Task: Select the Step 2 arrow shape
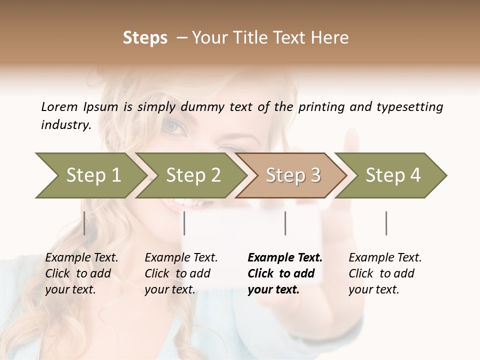point(192,175)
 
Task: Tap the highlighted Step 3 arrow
point(292,175)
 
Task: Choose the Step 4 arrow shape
point(392,175)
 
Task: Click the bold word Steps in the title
point(145,38)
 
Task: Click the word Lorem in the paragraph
point(59,106)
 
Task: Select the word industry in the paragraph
point(65,125)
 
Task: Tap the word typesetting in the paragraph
point(409,107)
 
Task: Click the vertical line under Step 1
point(84,223)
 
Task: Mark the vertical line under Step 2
point(184,223)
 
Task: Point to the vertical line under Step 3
point(285,223)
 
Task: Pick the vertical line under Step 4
point(386,223)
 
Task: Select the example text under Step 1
point(81,273)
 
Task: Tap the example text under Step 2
point(181,273)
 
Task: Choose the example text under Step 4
point(385,273)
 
